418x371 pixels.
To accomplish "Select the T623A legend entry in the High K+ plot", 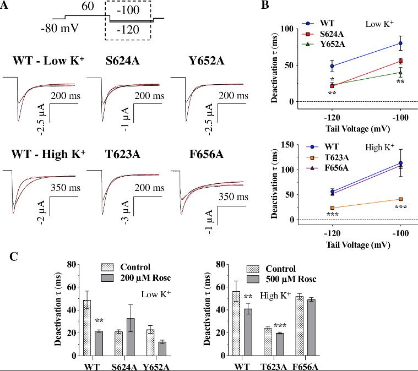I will pyautogui.click(x=341, y=157).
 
